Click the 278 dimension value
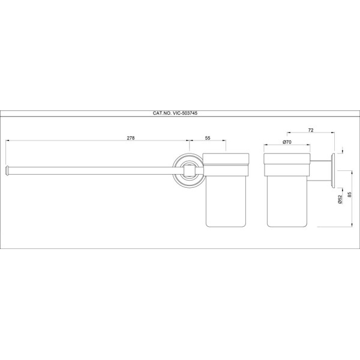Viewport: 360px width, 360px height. point(131,138)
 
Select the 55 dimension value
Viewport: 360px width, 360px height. point(208,138)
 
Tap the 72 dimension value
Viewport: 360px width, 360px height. point(311,130)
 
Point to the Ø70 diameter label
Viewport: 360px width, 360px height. point(287,142)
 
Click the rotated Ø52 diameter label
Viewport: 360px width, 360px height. point(340,199)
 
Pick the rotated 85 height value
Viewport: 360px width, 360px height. point(349,194)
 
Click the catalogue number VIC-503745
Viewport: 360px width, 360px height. point(185,113)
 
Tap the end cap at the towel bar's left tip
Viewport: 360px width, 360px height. point(7,170)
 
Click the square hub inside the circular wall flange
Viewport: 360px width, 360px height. point(188,171)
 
